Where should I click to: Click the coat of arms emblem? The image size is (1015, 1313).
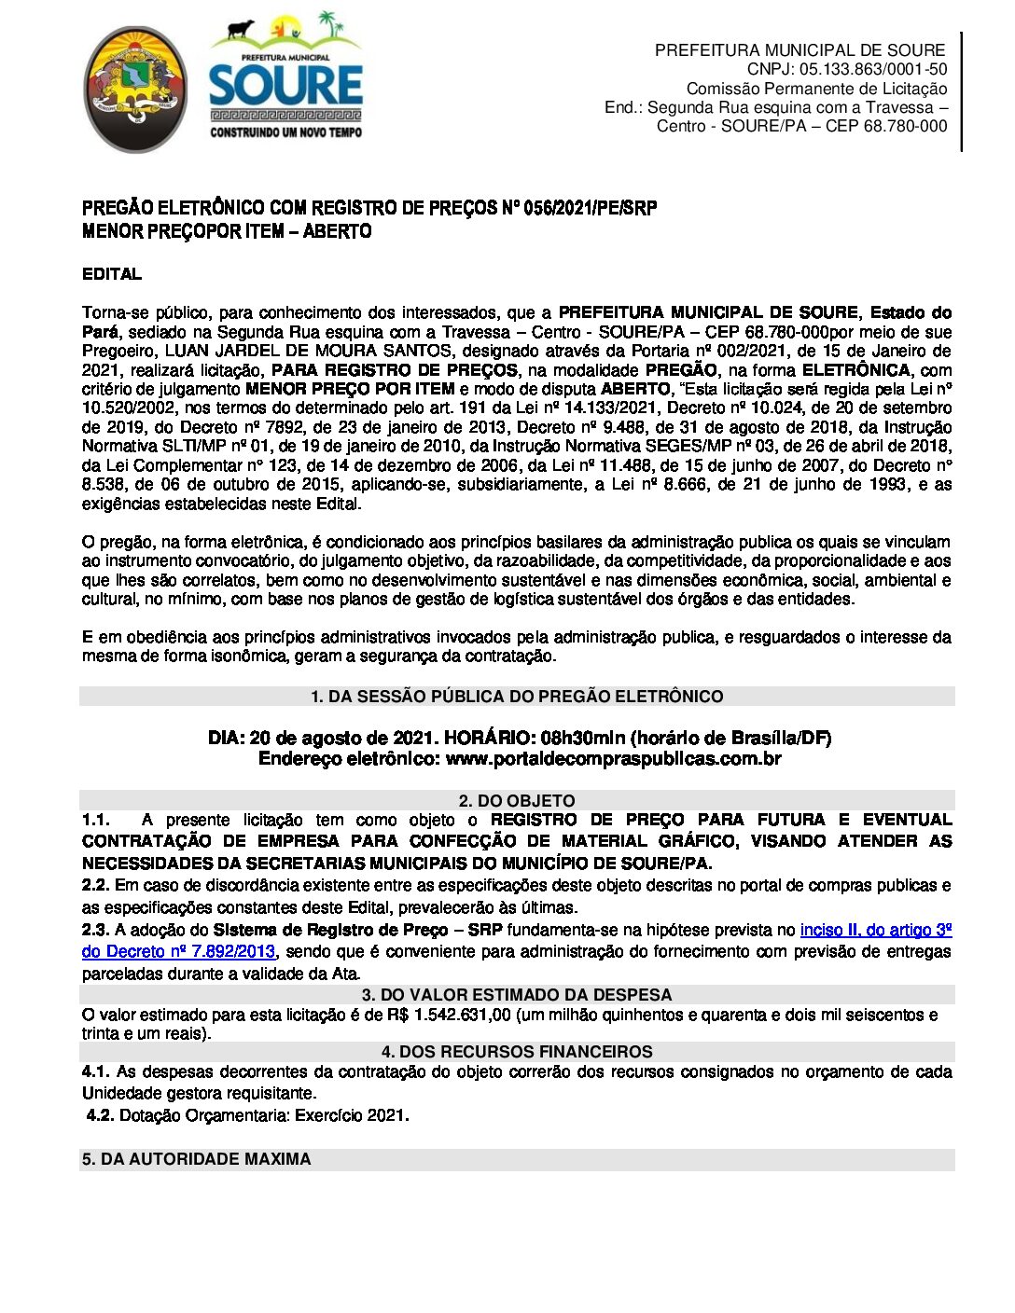tap(135, 90)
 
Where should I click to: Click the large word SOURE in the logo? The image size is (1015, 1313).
tap(285, 87)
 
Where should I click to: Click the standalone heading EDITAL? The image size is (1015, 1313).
tap(112, 274)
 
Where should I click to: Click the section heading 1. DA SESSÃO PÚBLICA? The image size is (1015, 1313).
tap(516, 697)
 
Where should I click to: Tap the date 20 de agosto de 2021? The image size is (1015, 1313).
tap(344, 739)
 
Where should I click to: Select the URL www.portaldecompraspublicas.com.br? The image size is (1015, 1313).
tap(613, 759)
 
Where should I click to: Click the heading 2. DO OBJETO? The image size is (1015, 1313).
tap(516, 800)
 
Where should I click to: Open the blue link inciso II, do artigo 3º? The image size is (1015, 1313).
tap(875, 930)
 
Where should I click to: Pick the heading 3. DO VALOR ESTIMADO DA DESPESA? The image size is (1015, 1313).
tap(516, 994)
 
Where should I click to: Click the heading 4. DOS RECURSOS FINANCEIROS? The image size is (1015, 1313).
tap(516, 1052)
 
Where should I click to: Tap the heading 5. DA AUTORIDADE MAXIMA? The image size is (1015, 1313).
tap(197, 1159)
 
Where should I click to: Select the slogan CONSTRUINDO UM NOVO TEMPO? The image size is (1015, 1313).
tap(285, 132)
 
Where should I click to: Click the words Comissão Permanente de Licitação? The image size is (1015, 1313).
tap(816, 89)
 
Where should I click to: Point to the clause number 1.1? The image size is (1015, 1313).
tap(95, 821)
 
